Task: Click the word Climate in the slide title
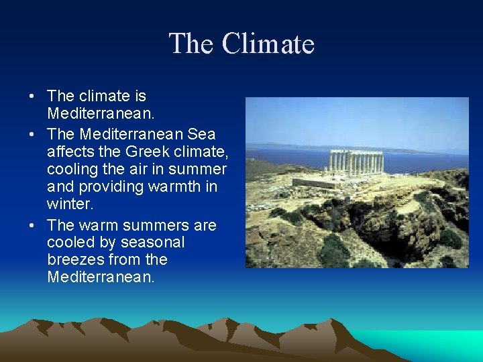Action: click(268, 44)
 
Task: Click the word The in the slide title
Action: click(191, 44)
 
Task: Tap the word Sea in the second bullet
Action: click(202, 134)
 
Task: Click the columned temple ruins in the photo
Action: click(355, 163)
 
